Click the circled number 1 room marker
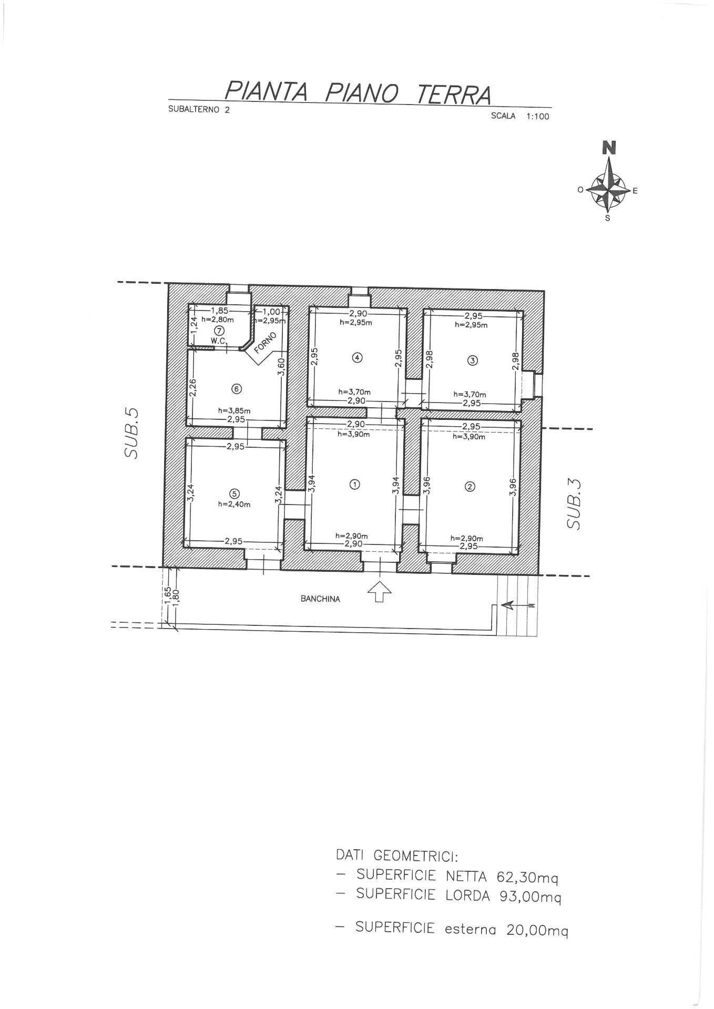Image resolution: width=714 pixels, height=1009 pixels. (x=355, y=485)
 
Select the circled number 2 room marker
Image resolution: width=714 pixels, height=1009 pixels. (x=470, y=487)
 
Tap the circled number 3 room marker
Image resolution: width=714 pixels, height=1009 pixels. (x=472, y=361)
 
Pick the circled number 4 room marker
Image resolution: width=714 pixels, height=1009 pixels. (x=357, y=358)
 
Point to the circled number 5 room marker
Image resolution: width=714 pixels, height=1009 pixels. (x=234, y=493)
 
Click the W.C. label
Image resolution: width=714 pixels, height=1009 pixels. (x=219, y=341)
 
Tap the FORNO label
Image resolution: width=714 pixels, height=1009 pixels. (x=265, y=342)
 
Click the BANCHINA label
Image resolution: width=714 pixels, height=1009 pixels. (x=320, y=599)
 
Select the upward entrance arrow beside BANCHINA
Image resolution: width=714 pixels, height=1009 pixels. (x=379, y=592)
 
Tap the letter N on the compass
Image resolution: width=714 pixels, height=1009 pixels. (x=609, y=148)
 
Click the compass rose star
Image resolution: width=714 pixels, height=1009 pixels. (x=608, y=190)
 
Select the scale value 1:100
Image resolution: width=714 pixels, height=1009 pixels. (x=537, y=117)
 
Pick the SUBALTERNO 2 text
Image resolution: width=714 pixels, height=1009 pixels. (x=199, y=110)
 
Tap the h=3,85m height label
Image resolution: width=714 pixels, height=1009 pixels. (x=234, y=410)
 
